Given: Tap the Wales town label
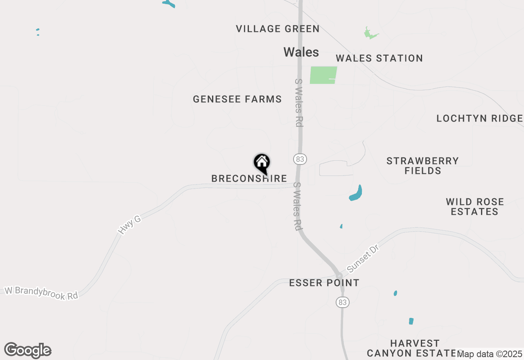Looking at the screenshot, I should point(301,52).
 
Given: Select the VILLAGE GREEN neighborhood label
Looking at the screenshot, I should point(278,29).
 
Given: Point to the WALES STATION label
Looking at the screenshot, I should point(379,58).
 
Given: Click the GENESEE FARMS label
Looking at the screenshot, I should point(237,99).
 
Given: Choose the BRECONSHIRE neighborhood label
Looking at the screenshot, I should point(249,179).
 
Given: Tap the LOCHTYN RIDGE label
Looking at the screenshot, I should point(479,119).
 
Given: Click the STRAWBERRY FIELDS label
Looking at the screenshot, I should point(422,166).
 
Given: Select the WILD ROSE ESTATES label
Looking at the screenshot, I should point(474,207).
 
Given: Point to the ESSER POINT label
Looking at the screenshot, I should point(324,283).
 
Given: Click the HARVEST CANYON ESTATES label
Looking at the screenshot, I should point(414,348).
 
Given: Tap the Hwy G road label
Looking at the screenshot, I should point(129,225).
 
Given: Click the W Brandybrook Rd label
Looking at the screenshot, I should point(41,293).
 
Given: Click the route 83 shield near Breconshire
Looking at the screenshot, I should point(300,159).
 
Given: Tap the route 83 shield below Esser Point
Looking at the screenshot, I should point(343,302).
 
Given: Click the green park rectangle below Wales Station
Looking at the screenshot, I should point(323,75).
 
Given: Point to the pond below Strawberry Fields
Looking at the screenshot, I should point(356,193).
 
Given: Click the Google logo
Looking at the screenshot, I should point(27,351).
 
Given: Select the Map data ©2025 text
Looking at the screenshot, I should point(490,353).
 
